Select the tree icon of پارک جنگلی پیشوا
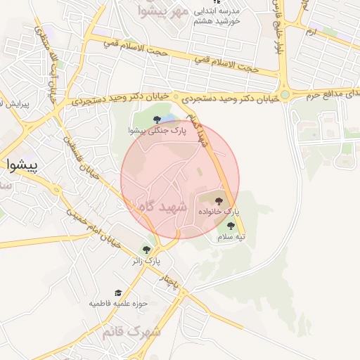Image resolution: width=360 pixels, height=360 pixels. [x=156, y=118]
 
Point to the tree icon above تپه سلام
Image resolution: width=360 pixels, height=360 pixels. [x=231, y=225]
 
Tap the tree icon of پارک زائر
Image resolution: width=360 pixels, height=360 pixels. [x=147, y=249]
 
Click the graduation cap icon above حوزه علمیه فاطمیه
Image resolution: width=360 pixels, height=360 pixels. [x=118, y=292]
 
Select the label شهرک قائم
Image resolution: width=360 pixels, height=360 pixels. [x=136, y=330]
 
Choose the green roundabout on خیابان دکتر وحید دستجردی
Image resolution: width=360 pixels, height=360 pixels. [x=285, y=94]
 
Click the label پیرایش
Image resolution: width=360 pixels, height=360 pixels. [x=14, y=105]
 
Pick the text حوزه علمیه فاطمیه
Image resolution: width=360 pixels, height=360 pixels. [x=117, y=304]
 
